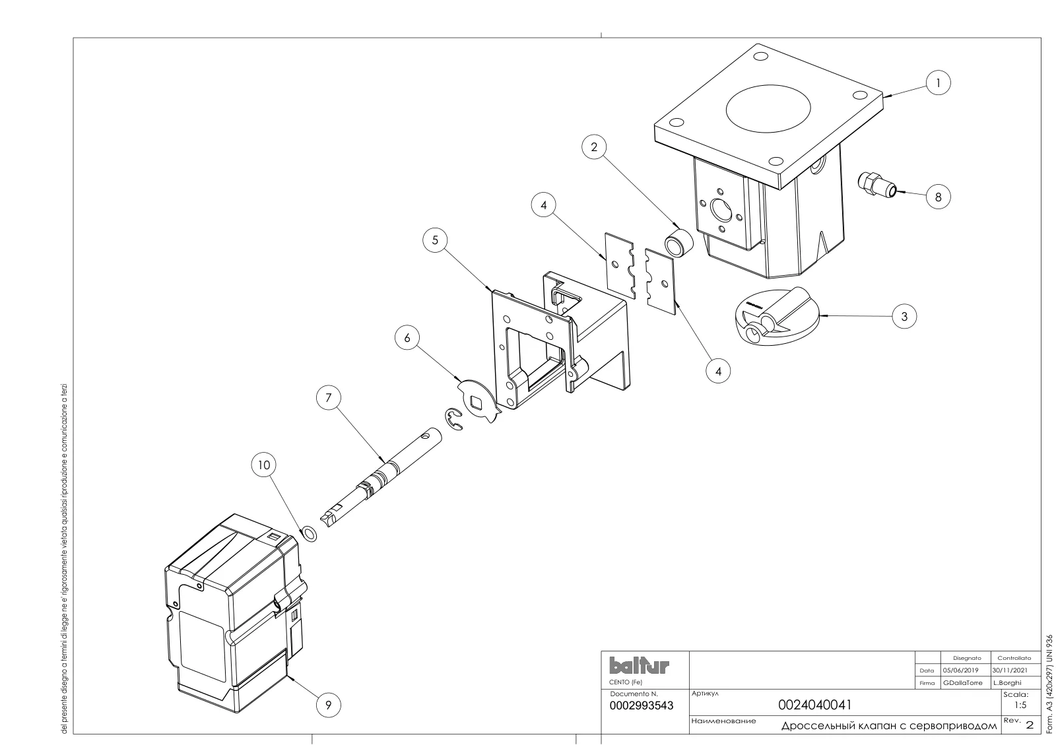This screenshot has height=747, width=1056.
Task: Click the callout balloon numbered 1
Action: (x=938, y=83)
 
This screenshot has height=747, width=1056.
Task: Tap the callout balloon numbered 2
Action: (x=594, y=147)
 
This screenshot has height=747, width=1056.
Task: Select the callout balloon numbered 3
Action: (x=904, y=316)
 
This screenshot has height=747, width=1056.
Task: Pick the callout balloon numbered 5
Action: (x=435, y=240)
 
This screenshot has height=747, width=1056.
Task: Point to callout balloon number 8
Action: (x=938, y=197)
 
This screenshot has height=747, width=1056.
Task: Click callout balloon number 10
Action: (x=263, y=465)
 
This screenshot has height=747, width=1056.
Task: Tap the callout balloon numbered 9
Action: (x=328, y=705)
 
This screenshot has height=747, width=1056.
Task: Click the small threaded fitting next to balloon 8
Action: (x=876, y=185)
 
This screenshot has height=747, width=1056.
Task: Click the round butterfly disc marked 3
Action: (x=777, y=317)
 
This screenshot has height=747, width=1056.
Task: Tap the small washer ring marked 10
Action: (x=310, y=535)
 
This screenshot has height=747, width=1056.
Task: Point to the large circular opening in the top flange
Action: (x=768, y=109)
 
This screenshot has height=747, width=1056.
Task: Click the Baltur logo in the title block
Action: (x=639, y=665)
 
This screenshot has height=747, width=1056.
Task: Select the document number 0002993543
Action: (x=641, y=705)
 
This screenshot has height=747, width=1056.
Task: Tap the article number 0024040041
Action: (x=814, y=705)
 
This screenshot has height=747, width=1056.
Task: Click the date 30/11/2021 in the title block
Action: (x=1010, y=670)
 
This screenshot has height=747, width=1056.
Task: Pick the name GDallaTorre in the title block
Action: (x=963, y=682)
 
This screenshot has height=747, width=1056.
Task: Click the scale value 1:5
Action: (x=1020, y=705)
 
